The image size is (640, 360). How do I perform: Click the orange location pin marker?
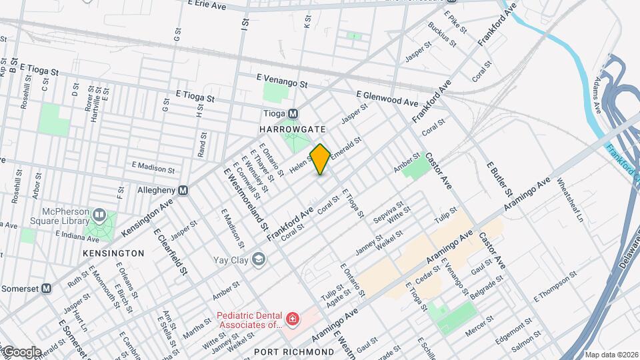(320, 159)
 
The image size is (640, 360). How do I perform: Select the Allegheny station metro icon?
(183, 190)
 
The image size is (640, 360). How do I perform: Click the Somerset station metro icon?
(46, 288)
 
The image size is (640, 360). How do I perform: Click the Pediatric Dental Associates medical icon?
(291, 321)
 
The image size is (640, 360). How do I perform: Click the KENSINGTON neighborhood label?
(113, 254)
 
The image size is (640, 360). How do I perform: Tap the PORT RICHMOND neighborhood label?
(294, 351)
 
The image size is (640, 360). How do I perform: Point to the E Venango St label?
(281, 81)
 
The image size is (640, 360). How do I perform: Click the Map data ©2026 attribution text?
(611, 355)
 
